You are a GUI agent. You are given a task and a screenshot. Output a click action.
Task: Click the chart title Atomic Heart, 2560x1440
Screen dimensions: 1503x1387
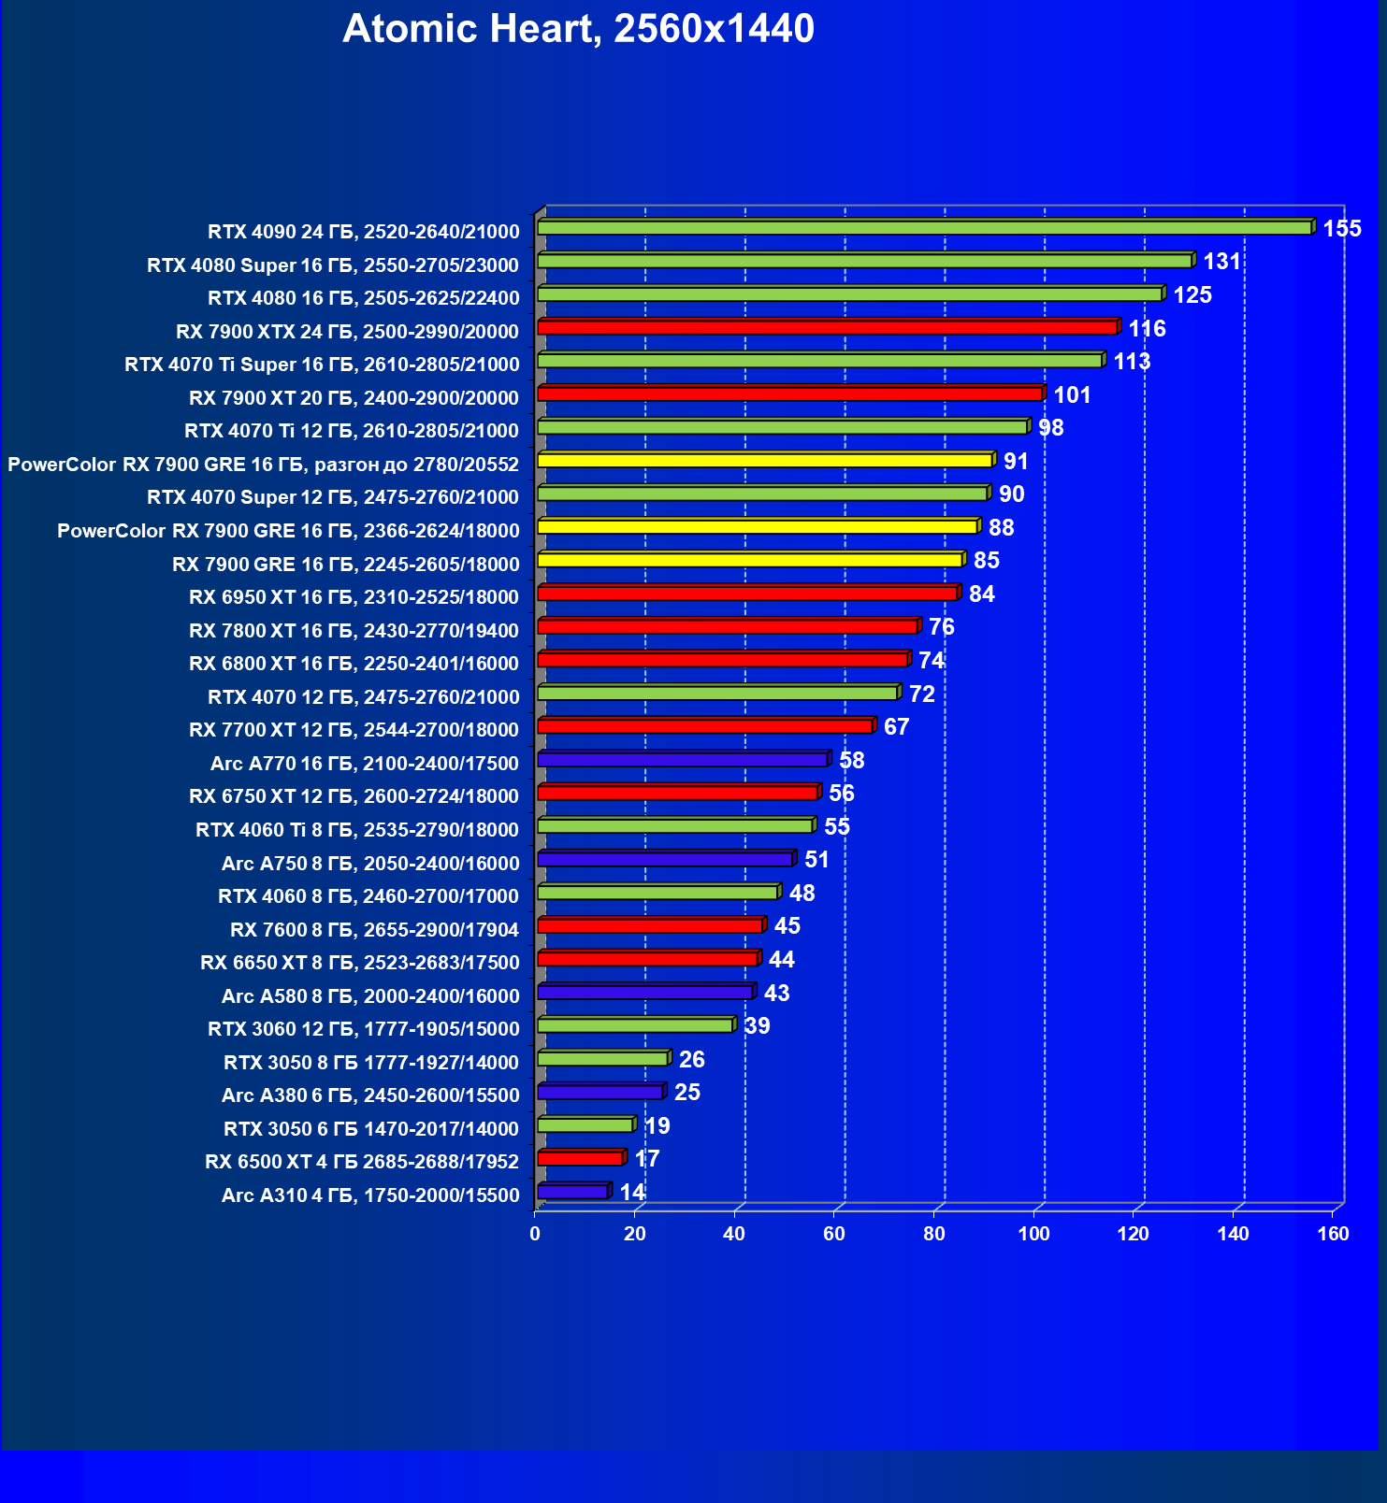(578, 29)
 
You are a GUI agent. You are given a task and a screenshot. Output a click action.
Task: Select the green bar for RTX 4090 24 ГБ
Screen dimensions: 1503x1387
(924, 228)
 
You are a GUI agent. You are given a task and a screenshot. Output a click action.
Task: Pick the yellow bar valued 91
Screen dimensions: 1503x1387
(764, 461)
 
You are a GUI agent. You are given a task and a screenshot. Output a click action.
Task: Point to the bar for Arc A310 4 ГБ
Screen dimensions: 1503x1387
(572, 1193)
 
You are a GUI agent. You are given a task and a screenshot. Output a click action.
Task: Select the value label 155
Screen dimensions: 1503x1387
(1341, 229)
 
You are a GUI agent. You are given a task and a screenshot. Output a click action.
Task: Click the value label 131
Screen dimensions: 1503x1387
(1221, 262)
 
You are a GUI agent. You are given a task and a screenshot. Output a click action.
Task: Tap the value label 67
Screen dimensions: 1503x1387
(896, 727)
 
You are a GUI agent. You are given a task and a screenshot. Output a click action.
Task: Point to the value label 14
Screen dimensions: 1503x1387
(632, 1193)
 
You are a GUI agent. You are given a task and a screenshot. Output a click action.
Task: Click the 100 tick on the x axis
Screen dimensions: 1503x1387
(1033, 1234)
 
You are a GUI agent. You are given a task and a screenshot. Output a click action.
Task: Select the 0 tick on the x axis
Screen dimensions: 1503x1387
(535, 1234)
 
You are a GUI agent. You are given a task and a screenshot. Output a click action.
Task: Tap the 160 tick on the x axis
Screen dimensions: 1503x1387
(1333, 1234)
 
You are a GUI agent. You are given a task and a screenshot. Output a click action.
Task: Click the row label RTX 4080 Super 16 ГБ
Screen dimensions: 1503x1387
(333, 265)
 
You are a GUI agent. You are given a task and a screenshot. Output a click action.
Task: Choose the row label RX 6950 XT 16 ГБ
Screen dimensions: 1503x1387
(354, 597)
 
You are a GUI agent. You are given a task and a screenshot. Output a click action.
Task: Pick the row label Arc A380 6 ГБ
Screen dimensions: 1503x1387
(370, 1095)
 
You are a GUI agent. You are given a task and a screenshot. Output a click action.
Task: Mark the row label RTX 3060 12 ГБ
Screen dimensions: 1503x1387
(363, 1029)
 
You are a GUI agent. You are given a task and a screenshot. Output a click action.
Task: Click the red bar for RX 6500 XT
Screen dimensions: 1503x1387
(580, 1159)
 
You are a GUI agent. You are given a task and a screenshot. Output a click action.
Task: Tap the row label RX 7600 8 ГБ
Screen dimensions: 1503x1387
(374, 930)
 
